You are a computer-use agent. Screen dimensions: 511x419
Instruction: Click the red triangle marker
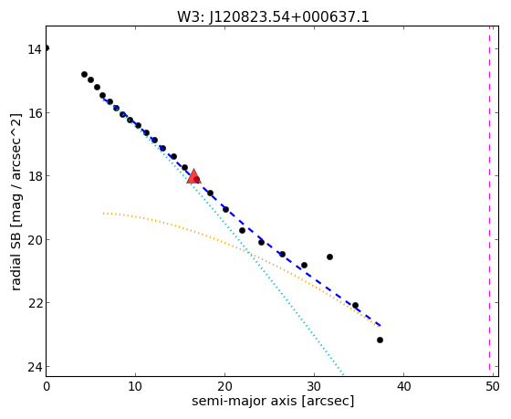pos(193,176)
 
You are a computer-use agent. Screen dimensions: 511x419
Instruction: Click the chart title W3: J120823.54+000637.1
pos(273,17)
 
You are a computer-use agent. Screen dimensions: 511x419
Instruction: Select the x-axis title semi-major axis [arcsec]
pos(273,401)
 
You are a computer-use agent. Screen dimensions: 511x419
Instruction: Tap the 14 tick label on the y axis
pos(35,49)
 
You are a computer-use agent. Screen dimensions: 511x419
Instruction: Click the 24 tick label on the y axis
pos(35,367)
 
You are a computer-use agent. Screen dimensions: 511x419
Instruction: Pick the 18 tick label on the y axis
pos(35,176)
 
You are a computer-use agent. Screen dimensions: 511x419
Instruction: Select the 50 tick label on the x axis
pos(493,387)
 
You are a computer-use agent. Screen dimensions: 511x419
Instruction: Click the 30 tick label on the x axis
pos(314,387)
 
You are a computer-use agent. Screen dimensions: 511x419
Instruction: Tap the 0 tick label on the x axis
pos(47,387)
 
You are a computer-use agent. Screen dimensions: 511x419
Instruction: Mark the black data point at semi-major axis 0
pos(47,48)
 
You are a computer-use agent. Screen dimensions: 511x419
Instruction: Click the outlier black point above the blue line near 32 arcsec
pos(329,257)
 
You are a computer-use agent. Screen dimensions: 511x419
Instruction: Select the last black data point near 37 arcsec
pos(380,340)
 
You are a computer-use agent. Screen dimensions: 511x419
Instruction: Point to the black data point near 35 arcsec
pos(356,306)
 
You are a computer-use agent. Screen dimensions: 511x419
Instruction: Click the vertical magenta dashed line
pos(489,198)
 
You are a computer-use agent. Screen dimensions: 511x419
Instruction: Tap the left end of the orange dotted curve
pos(103,214)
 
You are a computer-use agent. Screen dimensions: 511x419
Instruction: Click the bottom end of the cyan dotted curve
pos(343,373)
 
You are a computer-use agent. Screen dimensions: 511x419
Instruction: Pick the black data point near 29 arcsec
pos(305,265)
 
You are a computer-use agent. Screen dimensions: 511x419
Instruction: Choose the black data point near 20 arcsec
pos(226,209)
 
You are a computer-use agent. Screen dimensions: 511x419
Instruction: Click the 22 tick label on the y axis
pos(35,303)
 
